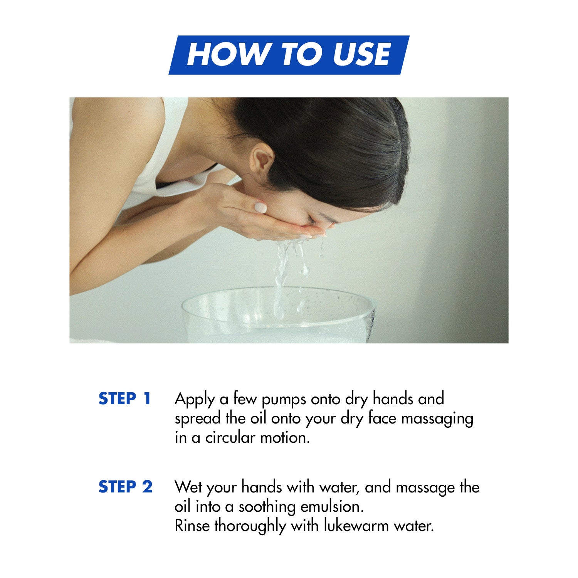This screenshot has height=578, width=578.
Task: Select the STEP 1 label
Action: (x=124, y=398)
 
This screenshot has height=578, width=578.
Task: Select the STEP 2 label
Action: (x=126, y=487)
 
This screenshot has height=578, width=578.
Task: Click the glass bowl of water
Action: (x=278, y=315)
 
